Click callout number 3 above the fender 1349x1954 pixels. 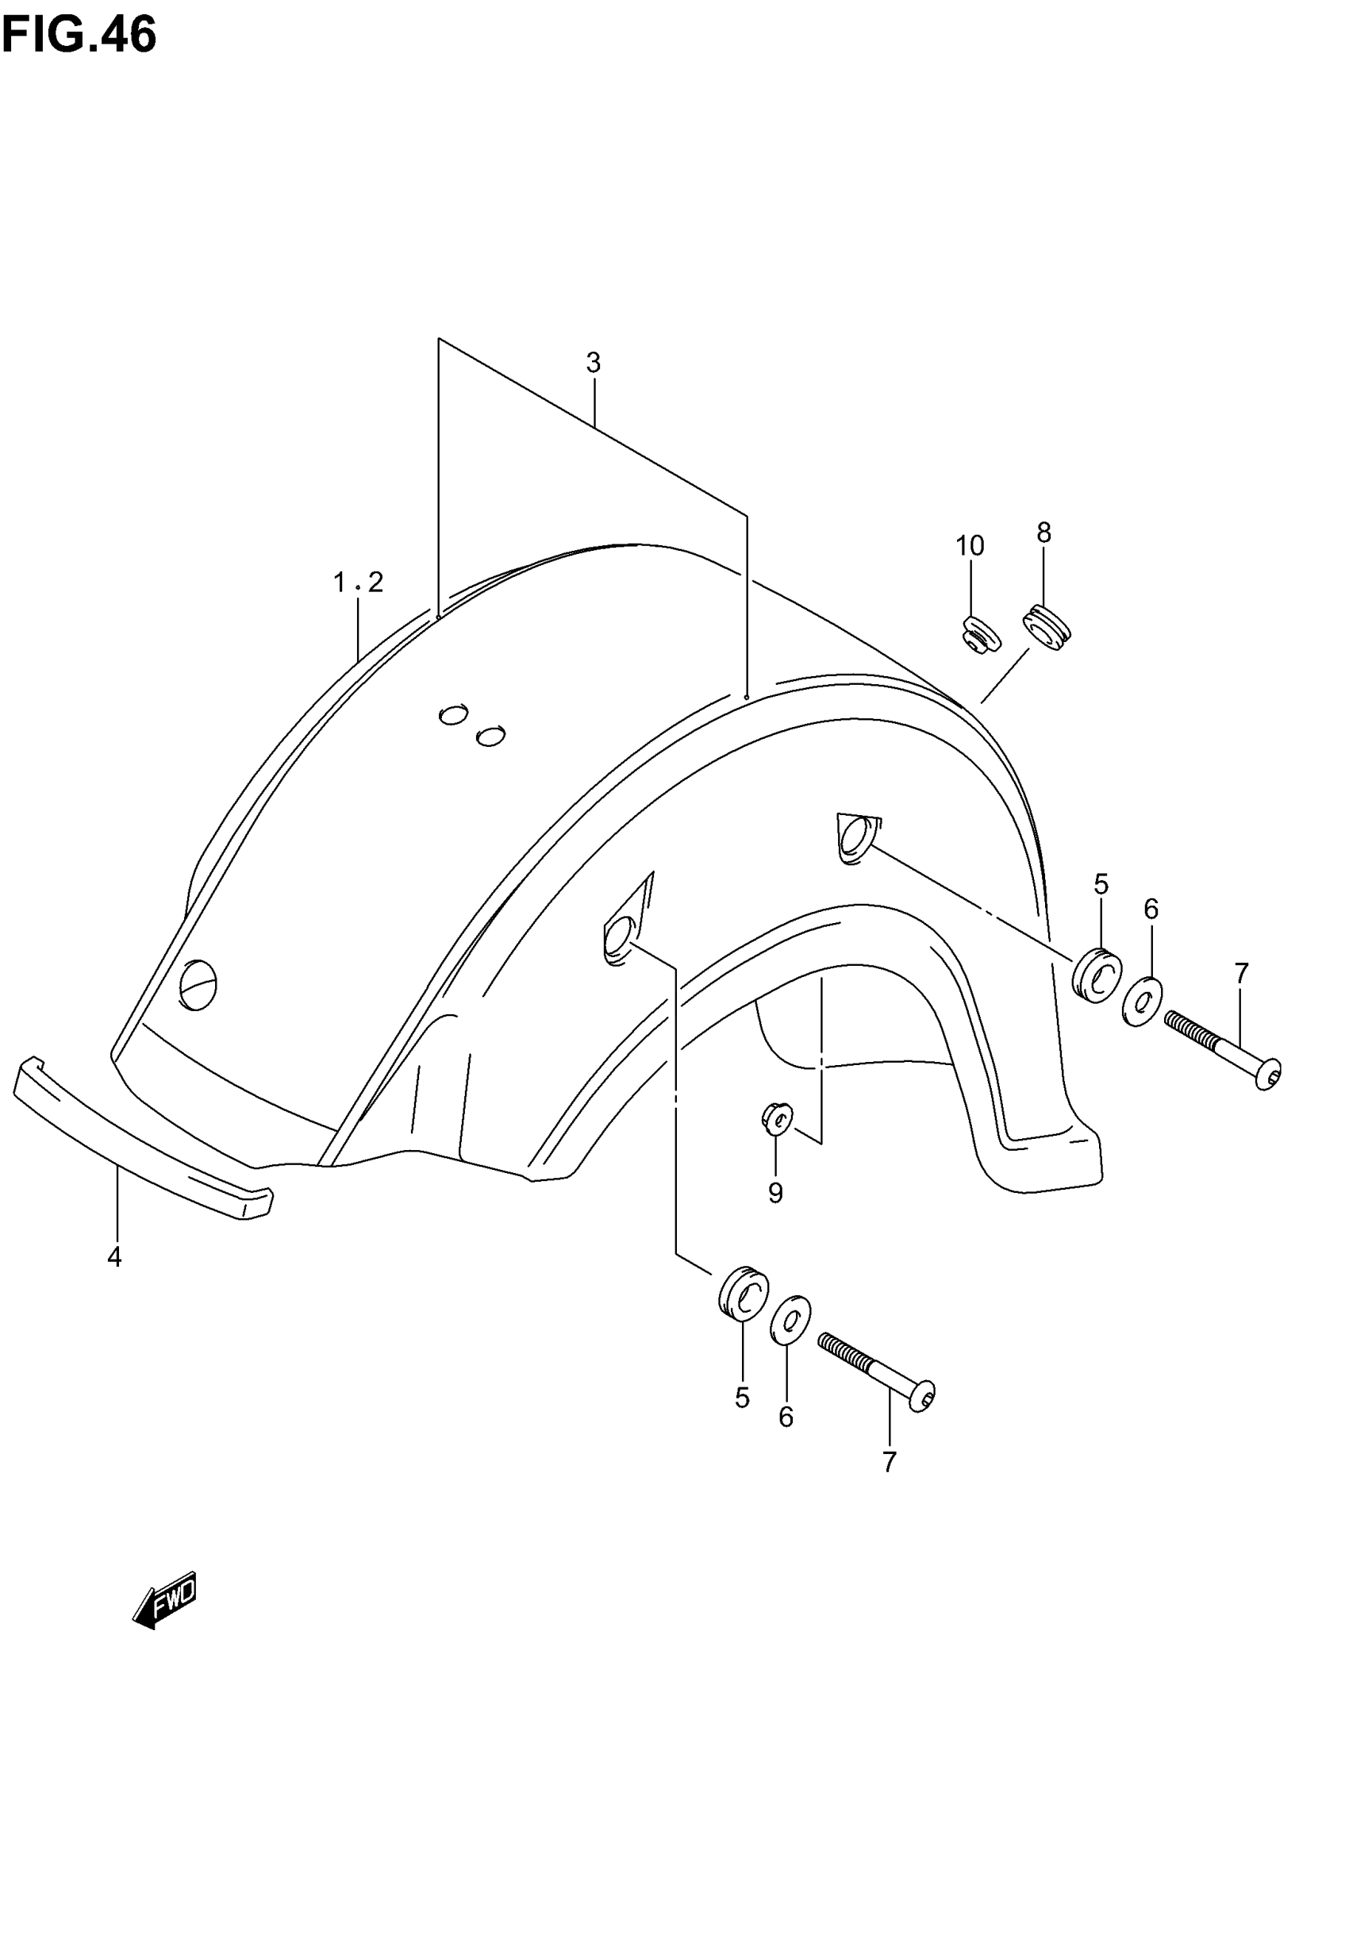[x=594, y=363]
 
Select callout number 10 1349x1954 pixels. [x=970, y=546]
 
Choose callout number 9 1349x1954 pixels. [x=775, y=1193]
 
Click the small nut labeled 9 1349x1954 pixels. [x=777, y=1120]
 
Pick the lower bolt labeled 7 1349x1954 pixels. [x=877, y=1370]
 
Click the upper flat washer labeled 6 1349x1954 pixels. [x=1142, y=1002]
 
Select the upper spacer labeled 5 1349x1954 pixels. [x=1097, y=975]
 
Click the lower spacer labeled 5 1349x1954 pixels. [x=744, y=1291]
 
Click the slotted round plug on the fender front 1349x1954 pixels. [x=198, y=985]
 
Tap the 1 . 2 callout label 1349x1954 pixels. [x=359, y=583]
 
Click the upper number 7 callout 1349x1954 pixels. [x=1241, y=974]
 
